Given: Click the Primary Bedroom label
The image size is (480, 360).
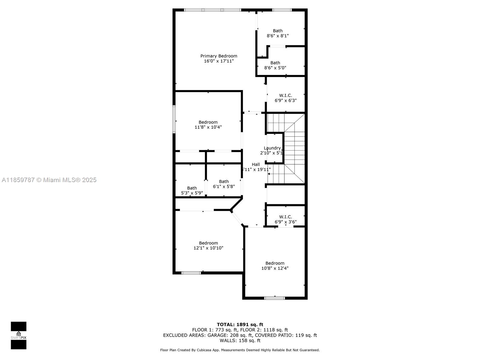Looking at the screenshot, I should (x=219, y=56).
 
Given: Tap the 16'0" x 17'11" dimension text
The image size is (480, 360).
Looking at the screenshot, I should (x=219, y=61).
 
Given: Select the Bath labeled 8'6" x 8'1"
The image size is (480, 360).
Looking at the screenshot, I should (x=277, y=33).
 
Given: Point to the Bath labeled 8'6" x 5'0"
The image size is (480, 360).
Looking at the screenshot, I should (x=275, y=65).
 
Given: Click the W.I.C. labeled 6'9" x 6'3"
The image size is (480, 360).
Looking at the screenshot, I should (x=286, y=98).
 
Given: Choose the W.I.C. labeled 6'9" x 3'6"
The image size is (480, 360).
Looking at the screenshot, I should (x=286, y=219).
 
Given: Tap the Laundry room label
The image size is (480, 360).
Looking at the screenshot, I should (x=272, y=148).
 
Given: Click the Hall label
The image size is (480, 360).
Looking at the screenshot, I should (x=256, y=164).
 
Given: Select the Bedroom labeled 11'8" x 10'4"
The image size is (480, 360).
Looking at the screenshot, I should (x=208, y=124).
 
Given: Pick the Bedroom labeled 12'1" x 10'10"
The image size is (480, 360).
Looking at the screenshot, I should (x=208, y=245).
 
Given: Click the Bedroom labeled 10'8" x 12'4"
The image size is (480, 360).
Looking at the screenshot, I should (x=275, y=265).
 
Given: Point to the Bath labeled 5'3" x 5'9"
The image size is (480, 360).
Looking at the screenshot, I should (x=192, y=190).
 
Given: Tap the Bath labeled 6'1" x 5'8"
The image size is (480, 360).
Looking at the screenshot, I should (x=224, y=184).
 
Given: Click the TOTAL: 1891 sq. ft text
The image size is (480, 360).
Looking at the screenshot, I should (x=240, y=324).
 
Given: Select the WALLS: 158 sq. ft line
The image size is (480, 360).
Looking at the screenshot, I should (x=240, y=340).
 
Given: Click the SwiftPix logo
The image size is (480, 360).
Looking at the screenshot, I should (x=19, y=335).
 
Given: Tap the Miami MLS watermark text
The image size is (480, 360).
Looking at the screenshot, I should (x=49, y=180).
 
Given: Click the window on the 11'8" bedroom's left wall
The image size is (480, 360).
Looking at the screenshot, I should (x=174, y=119).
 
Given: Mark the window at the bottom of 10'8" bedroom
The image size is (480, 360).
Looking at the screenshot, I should (x=274, y=298).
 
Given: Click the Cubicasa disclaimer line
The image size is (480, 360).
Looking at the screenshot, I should (x=240, y=350).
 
